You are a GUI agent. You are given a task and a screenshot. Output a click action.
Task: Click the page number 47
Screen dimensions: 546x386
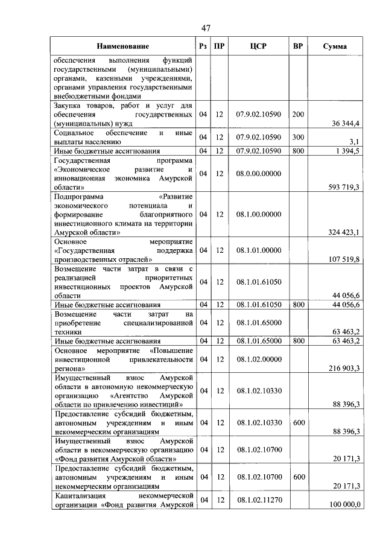click(206, 28)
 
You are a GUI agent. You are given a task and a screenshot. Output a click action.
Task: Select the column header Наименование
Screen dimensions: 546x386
click(122, 46)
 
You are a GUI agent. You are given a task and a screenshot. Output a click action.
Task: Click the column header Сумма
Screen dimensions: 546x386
click(334, 46)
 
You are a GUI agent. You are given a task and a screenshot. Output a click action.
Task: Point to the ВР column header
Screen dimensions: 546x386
click(297, 46)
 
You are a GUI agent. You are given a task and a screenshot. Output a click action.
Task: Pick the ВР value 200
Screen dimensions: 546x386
click(297, 114)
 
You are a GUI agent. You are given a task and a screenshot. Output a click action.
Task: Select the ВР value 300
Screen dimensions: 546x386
click(297, 137)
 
